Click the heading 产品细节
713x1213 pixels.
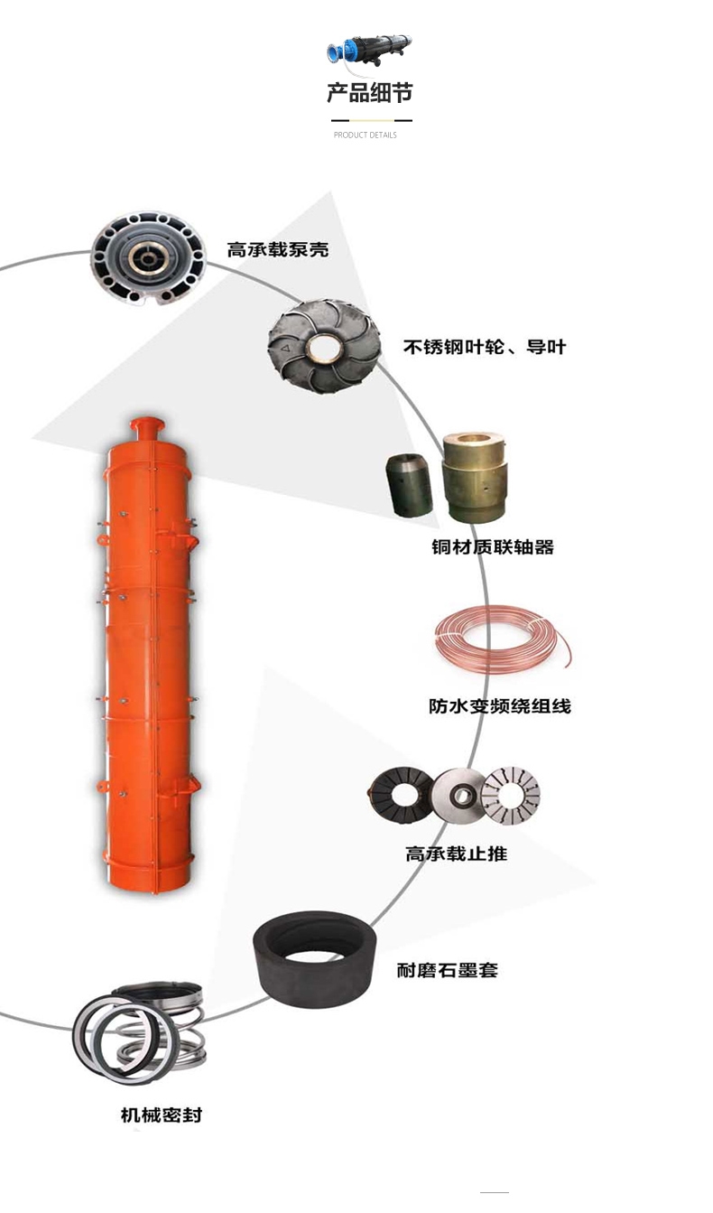[369, 93]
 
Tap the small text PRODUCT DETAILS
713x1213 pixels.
[366, 135]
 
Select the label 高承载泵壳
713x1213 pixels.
[277, 249]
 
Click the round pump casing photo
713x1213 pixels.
[148, 258]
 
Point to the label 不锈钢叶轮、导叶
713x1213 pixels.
[485, 347]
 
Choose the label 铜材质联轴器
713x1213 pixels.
[493, 547]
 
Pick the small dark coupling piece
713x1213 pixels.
[410, 485]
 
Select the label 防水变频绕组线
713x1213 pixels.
[500, 706]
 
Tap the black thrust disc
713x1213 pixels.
[402, 796]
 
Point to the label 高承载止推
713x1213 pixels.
[457, 854]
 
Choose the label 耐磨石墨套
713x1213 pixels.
[448, 970]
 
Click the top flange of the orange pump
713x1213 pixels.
[147, 424]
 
